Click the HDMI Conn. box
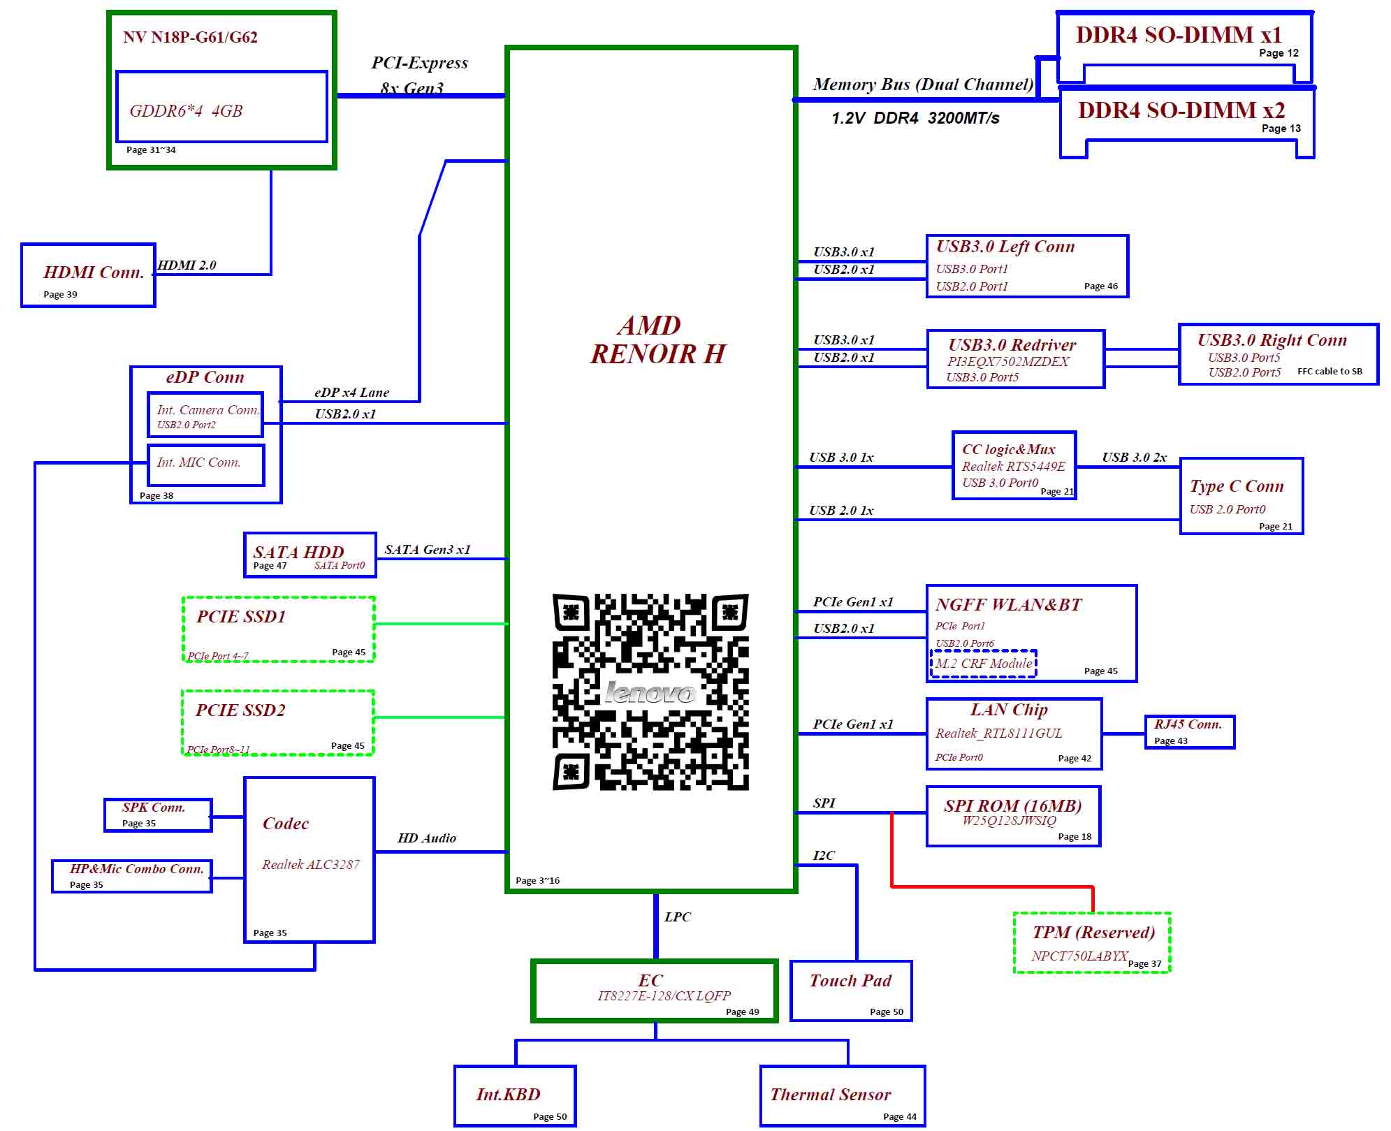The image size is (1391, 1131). point(88,275)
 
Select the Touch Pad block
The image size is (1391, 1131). point(851,991)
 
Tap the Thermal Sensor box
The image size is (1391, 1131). point(843,1095)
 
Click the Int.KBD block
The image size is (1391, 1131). point(515,1095)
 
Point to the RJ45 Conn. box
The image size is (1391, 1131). point(1190,732)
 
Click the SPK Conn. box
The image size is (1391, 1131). point(158,815)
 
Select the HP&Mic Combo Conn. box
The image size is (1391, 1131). point(132,876)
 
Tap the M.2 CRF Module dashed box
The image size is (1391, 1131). point(983,664)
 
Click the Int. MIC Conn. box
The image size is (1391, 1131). point(206,465)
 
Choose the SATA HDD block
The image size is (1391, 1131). point(310,555)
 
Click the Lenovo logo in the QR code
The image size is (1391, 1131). point(650,692)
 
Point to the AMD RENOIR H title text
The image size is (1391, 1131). point(657,340)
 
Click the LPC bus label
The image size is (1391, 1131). point(678,917)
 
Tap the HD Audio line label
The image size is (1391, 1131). point(427,838)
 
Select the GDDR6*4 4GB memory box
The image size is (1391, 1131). point(221,106)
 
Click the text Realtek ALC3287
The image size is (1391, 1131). point(311,865)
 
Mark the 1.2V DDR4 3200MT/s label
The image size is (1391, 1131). point(915,118)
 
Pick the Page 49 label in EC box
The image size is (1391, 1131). point(742,1012)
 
